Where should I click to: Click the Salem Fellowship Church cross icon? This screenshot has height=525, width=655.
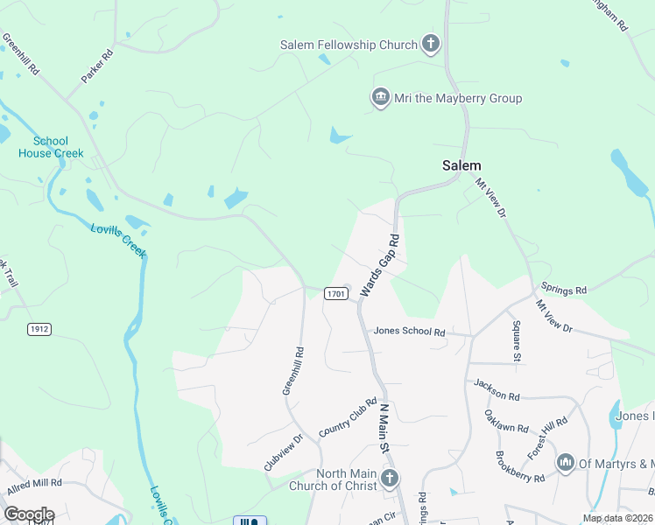tap(430, 43)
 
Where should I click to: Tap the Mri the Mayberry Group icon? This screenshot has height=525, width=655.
tap(381, 97)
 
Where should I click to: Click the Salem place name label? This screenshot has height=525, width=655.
tap(461, 165)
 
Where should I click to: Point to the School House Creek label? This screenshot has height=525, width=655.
tap(52, 147)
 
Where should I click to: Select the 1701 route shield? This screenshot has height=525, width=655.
tap(336, 294)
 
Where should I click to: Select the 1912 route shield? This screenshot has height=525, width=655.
tap(39, 329)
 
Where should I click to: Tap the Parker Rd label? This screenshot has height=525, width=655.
tap(98, 66)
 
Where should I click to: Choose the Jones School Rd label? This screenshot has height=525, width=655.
tap(409, 332)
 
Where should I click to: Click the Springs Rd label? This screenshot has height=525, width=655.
tap(563, 288)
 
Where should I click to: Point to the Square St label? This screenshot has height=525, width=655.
tap(517, 341)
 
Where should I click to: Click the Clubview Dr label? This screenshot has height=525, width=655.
tap(284, 452)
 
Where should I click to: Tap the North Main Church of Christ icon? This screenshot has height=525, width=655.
tap(390, 479)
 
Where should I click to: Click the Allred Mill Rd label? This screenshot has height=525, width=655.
tap(34, 483)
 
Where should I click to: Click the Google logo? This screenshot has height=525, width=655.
tap(28, 514)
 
